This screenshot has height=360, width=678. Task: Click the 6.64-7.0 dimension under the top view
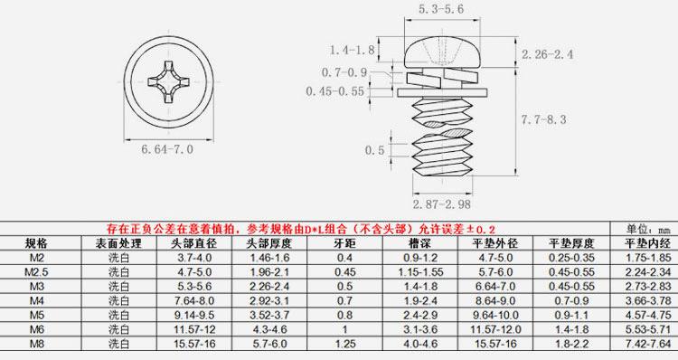click(x=167, y=150)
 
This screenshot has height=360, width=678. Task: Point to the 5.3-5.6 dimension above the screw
click(x=441, y=9)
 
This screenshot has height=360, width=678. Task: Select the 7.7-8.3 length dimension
click(x=543, y=119)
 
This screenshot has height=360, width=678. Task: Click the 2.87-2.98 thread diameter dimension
click(x=441, y=204)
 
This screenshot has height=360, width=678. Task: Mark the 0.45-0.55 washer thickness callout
click(x=335, y=91)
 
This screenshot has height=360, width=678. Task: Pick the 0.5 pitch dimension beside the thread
click(x=374, y=150)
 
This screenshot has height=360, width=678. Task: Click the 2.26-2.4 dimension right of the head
click(x=548, y=54)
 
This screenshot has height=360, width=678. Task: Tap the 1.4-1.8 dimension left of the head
click(x=352, y=50)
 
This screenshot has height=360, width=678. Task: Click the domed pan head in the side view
click(x=442, y=52)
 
